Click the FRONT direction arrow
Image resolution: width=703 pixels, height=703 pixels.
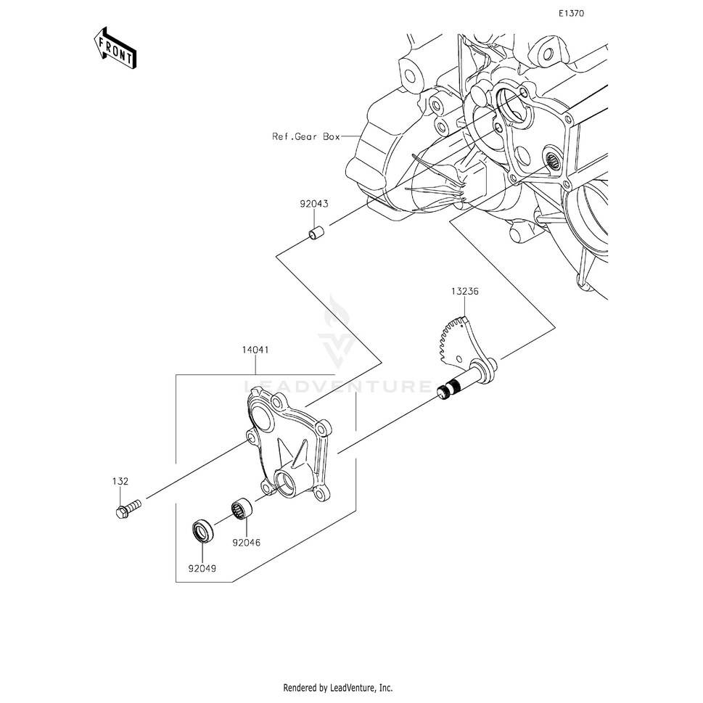pyautogui.click(x=115, y=48)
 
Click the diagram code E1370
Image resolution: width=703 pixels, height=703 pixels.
pyautogui.click(x=571, y=14)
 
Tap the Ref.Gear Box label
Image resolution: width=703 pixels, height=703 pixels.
pyautogui.click(x=305, y=136)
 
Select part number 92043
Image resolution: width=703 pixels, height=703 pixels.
pyautogui.click(x=314, y=204)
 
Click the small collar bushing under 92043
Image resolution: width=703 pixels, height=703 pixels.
pyautogui.click(x=315, y=234)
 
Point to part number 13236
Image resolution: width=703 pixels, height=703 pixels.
pyautogui.click(x=464, y=291)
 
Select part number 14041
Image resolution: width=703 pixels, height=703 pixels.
pyautogui.click(x=255, y=349)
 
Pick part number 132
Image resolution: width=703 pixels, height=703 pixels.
pyautogui.click(x=120, y=481)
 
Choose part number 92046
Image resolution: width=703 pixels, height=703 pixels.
pyautogui.click(x=246, y=543)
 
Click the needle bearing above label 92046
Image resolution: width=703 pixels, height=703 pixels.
pyautogui.click(x=241, y=511)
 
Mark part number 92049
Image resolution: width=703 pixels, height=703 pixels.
pyautogui.click(x=202, y=569)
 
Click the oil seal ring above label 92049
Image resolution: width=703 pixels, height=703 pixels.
pyautogui.click(x=202, y=530)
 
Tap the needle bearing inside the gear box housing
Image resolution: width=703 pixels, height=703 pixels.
pyautogui.click(x=552, y=159)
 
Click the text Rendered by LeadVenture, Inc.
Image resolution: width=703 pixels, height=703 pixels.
pyautogui.click(x=338, y=688)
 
